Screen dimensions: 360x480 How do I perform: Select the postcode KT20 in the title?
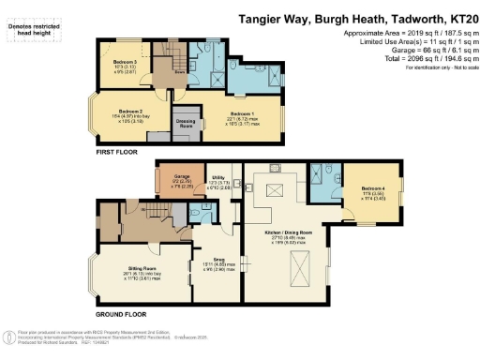457,17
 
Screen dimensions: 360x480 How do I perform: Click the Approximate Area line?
403,32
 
